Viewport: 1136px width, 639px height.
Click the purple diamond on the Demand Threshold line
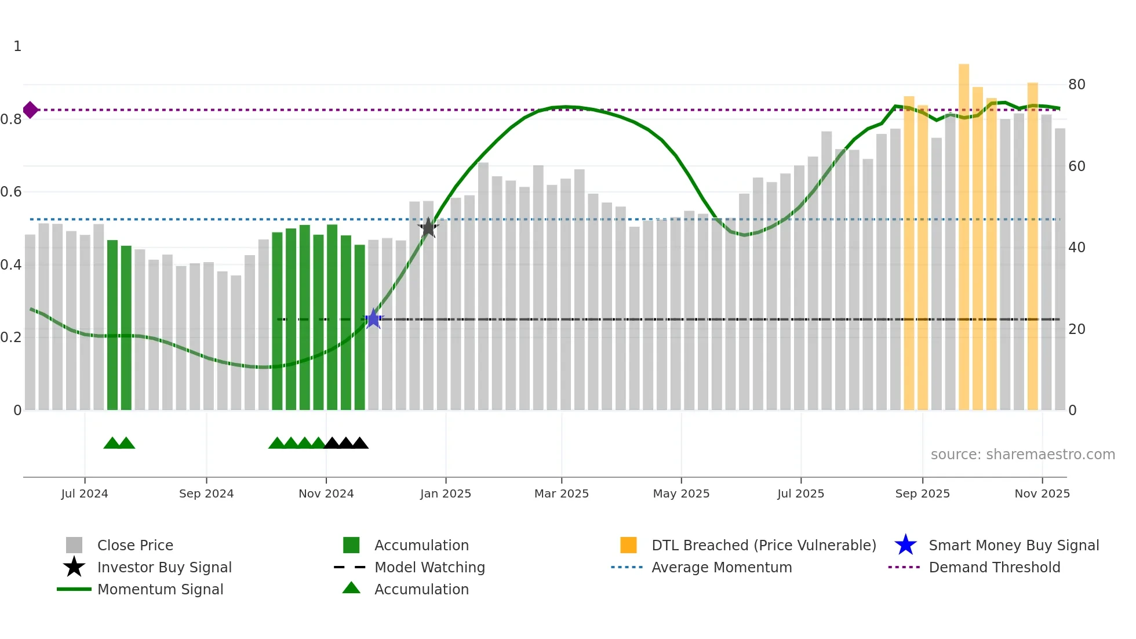tap(31, 110)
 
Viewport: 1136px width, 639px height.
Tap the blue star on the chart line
tap(373, 319)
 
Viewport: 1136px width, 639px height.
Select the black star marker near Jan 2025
tap(428, 228)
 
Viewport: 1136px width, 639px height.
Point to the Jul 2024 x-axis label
tap(85, 493)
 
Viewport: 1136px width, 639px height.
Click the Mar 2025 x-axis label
tap(561, 493)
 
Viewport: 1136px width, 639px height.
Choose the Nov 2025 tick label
tap(1042, 493)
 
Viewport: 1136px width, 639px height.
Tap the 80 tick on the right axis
tap(1076, 85)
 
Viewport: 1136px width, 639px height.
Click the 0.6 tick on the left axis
tap(11, 192)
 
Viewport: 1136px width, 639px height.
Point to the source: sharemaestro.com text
tap(1022, 455)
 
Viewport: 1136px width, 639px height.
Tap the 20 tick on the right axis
tap(1076, 329)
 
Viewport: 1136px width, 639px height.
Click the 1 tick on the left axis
tap(17, 46)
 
